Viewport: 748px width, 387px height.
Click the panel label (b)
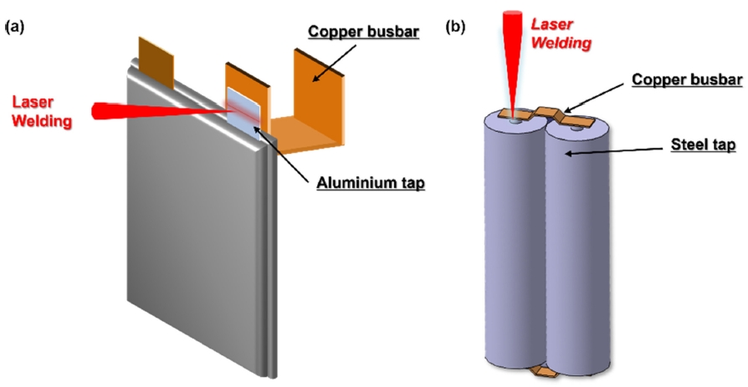point(456,27)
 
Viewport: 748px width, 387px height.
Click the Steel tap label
point(702,146)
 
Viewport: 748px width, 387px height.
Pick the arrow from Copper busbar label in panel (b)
point(595,96)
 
